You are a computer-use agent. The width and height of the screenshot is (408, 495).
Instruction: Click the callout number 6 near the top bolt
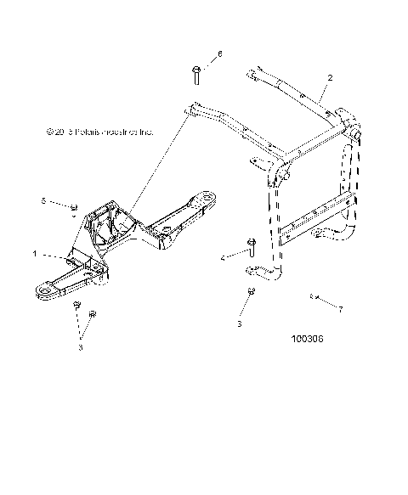coord(219,53)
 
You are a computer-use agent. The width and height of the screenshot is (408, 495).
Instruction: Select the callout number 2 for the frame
coord(329,77)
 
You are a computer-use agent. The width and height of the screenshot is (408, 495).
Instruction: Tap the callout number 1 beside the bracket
coord(34,253)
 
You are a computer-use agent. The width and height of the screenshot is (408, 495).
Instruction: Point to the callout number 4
coord(222,256)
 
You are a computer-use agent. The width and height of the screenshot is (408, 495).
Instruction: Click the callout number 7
coord(341,309)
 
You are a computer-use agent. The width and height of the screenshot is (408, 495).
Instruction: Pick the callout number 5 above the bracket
coord(43,200)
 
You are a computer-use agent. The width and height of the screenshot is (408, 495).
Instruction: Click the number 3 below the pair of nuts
coord(82,346)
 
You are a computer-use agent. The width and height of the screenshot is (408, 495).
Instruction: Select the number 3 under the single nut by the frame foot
coord(241,323)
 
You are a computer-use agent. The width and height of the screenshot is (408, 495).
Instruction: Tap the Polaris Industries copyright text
coord(101,132)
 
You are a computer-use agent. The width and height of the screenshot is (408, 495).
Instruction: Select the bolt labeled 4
coord(251,247)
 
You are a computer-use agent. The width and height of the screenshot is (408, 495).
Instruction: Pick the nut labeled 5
coord(74,207)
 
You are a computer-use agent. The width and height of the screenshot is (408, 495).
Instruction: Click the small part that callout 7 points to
coord(313,296)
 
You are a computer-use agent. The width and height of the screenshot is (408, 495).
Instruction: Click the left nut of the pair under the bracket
coord(76,303)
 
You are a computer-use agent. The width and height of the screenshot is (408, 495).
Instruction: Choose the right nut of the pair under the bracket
coord(93,312)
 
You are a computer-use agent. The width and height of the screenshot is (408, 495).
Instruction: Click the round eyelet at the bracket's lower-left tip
coord(42,291)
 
